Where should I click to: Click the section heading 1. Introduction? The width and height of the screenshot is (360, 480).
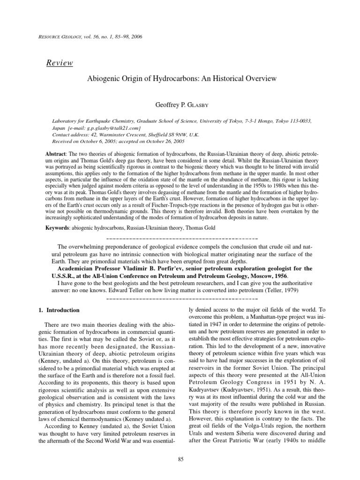pos(59,310)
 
